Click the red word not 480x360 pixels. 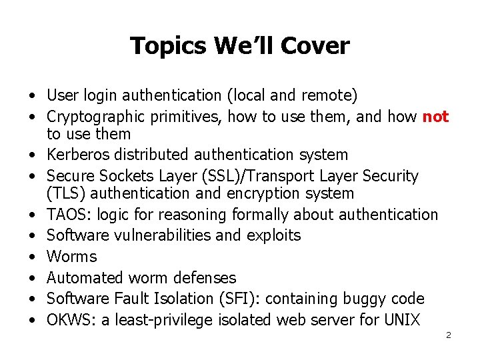(436, 117)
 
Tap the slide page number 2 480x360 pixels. (449, 335)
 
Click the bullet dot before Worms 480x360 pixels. (32, 257)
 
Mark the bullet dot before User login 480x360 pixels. (32, 97)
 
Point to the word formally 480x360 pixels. (259, 215)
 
